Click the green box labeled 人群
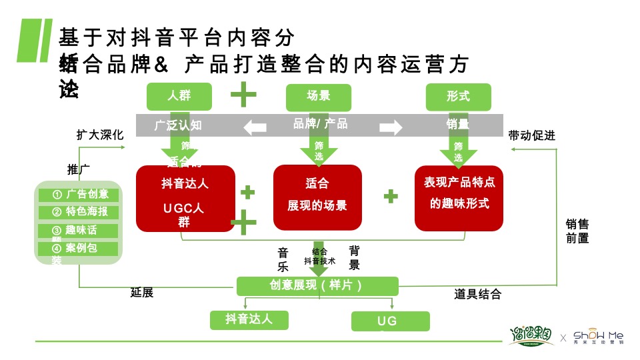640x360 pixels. tap(179, 96)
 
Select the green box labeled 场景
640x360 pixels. tap(318, 96)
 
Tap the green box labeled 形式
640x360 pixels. tap(458, 96)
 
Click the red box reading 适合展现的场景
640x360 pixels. tap(317, 197)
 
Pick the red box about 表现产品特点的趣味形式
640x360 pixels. tap(459, 197)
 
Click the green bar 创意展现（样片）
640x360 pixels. tap(317, 286)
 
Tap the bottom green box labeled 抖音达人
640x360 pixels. tap(249, 319)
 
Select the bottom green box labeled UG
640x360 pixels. tap(390, 321)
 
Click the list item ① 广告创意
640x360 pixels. tap(79, 195)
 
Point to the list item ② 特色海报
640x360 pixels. tap(79, 212)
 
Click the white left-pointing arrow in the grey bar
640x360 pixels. tap(255, 126)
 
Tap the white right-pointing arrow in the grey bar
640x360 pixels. tap(391, 126)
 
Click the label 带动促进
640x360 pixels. tap(531, 135)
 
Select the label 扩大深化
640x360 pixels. tap(100, 135)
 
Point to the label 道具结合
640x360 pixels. tap(477, 294)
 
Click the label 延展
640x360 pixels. tap(142, 293)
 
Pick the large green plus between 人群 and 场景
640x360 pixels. tap(243, 95)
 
